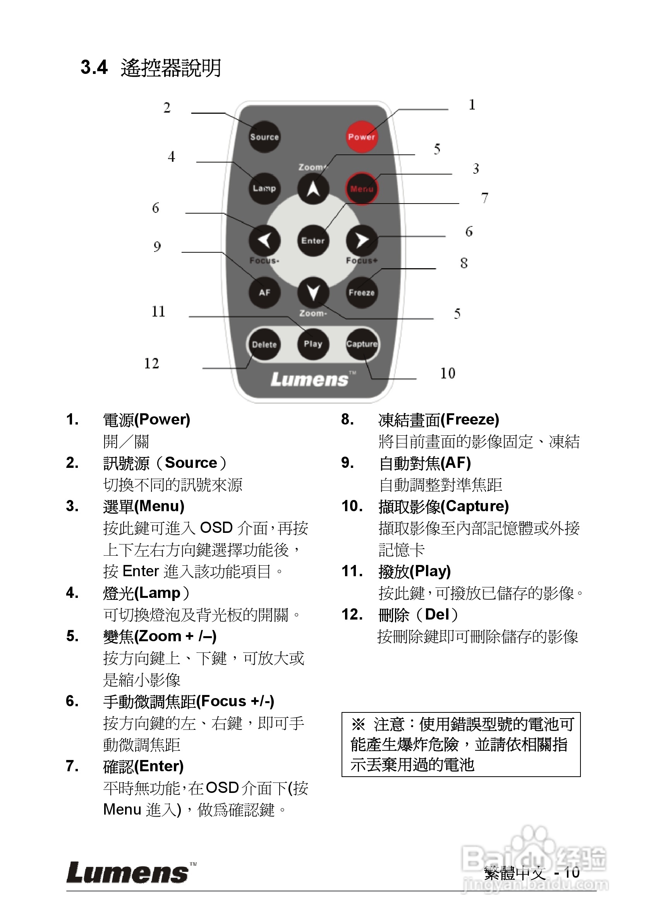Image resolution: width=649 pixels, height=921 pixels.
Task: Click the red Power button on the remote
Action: click(361, 137)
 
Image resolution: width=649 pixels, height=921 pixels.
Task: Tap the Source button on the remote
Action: click(264, 137)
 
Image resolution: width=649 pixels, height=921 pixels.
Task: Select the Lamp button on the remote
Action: click(264, 188)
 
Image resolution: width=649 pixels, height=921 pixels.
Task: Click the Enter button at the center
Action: click(313, 241)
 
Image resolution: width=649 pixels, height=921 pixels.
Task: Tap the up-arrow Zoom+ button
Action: click(313, 188)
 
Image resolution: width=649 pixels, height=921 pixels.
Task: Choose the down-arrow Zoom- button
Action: click(313, 293)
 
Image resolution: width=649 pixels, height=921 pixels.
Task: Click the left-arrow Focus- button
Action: click(264, 241)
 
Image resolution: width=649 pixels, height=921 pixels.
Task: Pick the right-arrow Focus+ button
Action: click(362, 241)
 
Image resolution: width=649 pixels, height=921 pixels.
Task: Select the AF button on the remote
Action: click(264, 293)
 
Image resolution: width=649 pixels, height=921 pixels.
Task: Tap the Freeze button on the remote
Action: click(362, 293)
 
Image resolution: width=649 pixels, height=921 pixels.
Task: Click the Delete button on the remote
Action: click(264, 344)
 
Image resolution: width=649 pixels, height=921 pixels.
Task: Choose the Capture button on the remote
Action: click(362, 344)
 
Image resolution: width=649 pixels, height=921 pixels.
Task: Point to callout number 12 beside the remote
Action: click(152, 363)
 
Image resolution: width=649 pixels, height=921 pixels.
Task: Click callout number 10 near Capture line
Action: click(448, 373)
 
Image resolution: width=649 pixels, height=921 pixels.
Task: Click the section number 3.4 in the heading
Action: click(94, 67)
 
